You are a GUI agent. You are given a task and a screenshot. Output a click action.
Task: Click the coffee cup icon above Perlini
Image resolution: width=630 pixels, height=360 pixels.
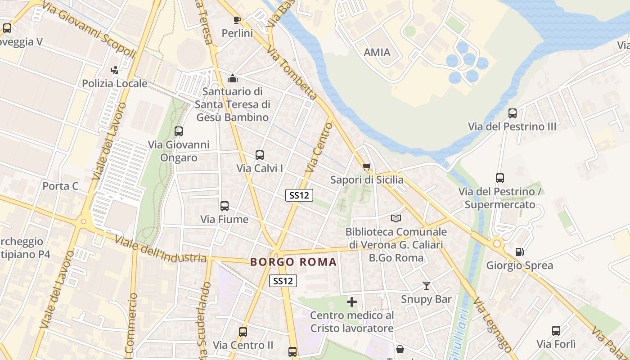[237, 19]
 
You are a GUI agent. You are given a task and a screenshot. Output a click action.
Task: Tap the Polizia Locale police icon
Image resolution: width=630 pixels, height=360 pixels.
[115, 70]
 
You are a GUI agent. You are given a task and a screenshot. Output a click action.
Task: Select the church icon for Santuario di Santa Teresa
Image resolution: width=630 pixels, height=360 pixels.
[233, 78]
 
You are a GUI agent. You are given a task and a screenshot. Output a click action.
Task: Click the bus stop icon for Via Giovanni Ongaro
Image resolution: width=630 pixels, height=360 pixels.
[179, 131]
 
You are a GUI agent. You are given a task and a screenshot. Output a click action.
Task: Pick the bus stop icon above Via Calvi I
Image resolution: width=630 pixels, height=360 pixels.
[260, 155]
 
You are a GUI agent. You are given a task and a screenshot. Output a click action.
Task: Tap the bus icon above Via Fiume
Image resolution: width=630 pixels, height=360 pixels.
[225, 206]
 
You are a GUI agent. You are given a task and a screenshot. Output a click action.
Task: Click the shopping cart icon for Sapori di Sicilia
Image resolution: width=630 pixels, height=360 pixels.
[367, 167]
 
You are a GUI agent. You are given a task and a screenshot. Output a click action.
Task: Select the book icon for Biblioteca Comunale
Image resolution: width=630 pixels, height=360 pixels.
[396, 218]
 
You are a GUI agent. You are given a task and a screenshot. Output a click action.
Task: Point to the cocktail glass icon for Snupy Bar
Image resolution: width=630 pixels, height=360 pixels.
[426, 286]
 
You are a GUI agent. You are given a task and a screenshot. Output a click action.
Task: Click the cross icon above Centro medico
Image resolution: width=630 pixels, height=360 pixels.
[352, 301]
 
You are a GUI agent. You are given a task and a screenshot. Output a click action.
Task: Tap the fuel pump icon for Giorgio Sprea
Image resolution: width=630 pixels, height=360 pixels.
[519, 252]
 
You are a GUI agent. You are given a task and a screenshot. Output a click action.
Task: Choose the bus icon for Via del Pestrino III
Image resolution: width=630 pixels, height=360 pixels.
[512, 113]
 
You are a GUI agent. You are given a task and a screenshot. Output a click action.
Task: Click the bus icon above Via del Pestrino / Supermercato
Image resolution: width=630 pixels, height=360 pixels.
[500, 178]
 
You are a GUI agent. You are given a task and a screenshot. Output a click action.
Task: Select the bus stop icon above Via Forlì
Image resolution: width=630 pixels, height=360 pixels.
[556, 331]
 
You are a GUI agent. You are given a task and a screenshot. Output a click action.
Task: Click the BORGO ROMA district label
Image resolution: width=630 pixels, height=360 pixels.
[293, 262]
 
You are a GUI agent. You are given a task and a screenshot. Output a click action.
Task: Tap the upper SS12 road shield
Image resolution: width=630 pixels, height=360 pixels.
[299, 195]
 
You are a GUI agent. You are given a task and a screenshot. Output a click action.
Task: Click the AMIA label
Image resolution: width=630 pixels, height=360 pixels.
[377, 52]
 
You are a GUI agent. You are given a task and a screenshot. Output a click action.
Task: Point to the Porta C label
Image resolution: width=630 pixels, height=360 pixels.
[60, 186]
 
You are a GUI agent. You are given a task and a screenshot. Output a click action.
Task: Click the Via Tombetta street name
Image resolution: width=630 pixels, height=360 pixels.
[292, 72]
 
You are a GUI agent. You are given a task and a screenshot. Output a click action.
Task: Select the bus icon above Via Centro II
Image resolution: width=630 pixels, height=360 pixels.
[243, 332]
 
